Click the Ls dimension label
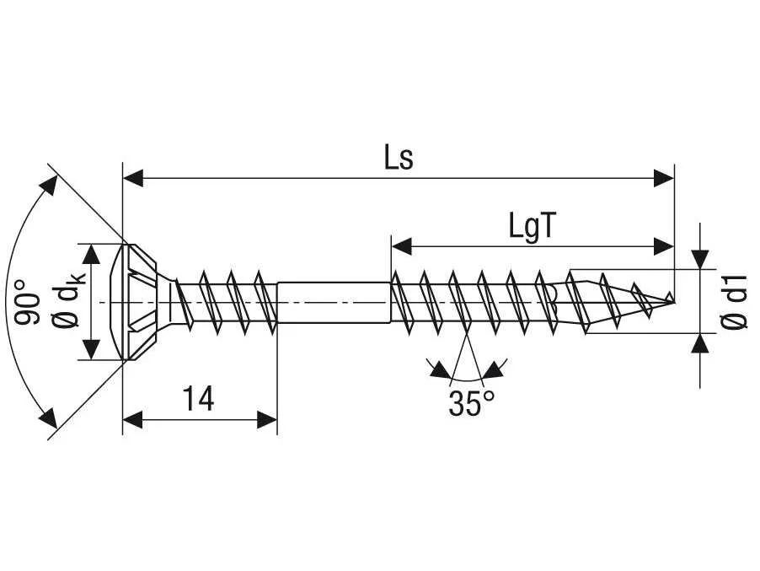pyautogui.click(x=399, y=159)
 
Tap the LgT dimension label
pyautogui.click(x=531, y=226)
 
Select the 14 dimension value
pyautogui.click(x=198, y=399)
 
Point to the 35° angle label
pyautogui.click(x=471, y=402)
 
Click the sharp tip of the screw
pyautogui.click(x=674, y=302)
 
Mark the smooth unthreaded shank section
pyautogui.click(x=334, y=302)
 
